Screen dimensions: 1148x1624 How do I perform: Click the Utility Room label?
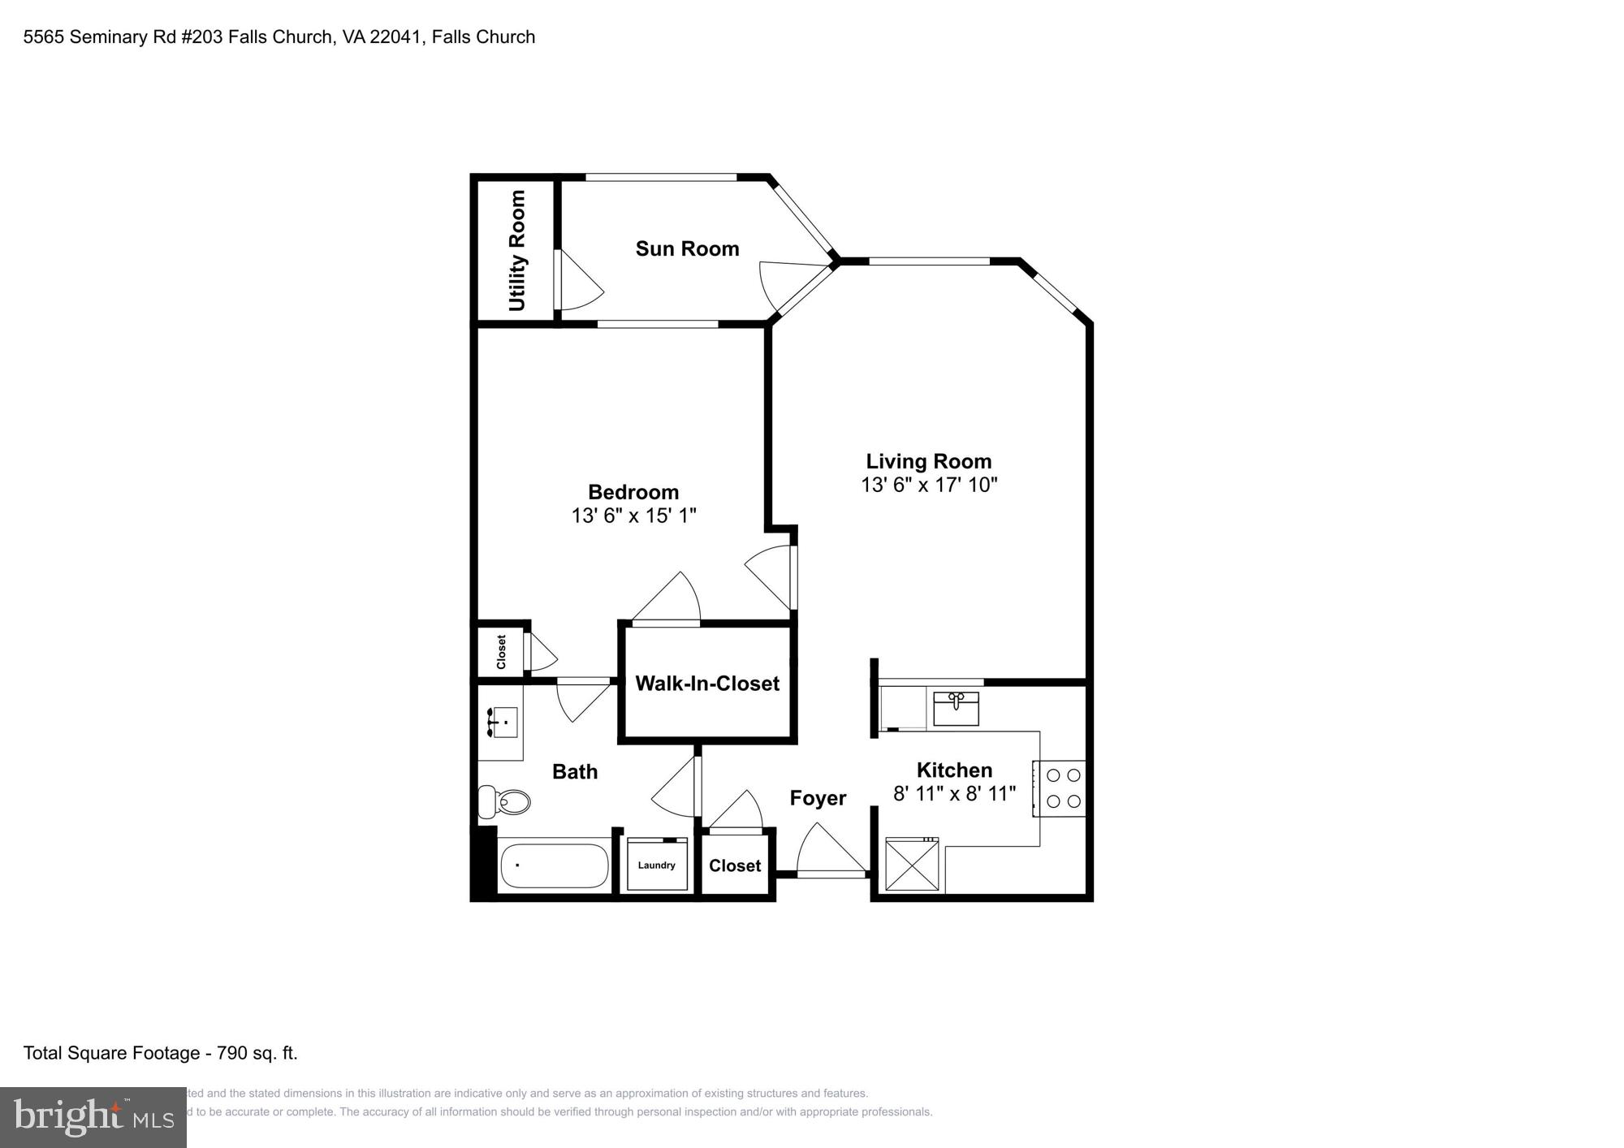click(x=517, y=251)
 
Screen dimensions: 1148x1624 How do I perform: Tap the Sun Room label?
click(x=687, y=248)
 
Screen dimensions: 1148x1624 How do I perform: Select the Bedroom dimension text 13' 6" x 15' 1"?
click(x=633, y=516)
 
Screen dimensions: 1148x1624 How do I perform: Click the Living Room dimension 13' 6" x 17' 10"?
click(x=929, y=485)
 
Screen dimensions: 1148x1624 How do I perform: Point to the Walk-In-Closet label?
click(x=707, y=684)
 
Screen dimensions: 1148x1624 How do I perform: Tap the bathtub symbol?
click(x=554, y=866)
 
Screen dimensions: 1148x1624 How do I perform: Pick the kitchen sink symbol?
click(x=956, y=708)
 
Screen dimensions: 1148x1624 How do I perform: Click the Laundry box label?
click(x=657, y=865)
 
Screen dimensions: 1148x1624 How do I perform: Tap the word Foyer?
click(x=818, y=799)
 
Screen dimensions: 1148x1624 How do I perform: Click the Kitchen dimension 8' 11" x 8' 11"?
click(x=954, y=794)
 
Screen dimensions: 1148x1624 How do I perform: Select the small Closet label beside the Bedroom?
click(x=501, y=652)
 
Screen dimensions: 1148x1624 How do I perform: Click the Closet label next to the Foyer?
click(x=735, y=866)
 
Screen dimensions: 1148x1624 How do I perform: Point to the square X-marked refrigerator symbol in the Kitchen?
click(x=912, y=865)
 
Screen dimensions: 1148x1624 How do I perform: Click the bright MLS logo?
click(x=93, y=1118)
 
